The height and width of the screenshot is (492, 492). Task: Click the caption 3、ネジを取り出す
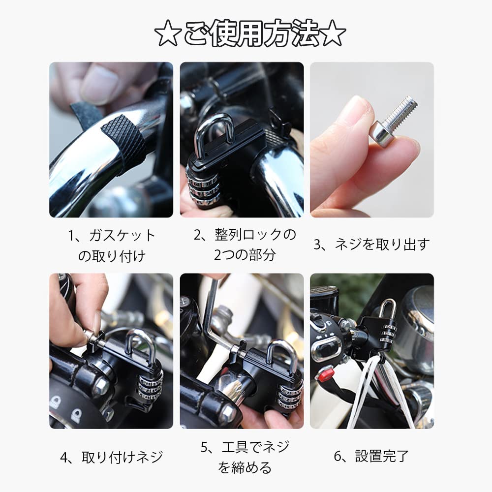[x=371, y=244]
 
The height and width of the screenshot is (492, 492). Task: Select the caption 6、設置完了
[x=371, y=456]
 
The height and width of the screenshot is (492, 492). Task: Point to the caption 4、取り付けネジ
[x=111, y=457]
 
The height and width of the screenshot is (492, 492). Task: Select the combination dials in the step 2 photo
[x=203, y=187]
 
